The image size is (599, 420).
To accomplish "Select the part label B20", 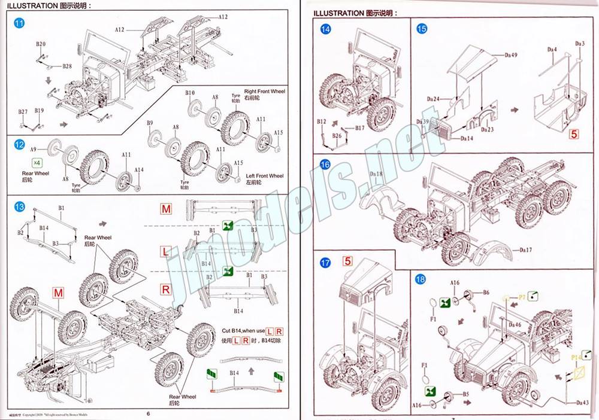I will [x=40, y=44].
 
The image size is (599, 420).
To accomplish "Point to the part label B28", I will [x=68, y=66].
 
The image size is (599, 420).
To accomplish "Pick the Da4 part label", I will [x=552, y=49].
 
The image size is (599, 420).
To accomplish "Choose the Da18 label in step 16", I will [x=376, y=174].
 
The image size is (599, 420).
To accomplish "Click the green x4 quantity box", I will [x=37, y=163].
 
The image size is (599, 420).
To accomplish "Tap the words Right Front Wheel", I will [x=265, y=92].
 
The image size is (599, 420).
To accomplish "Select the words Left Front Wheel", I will [x=265, y=176].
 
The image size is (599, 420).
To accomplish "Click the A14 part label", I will [x=139, y=170].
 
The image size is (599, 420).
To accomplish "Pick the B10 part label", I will [x=190, y=94].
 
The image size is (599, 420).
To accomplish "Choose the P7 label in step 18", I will [x=522, y=297].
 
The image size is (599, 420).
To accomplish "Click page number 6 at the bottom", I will [x=148, y=412].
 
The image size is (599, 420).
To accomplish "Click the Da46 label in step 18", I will [x=514, y=324].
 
